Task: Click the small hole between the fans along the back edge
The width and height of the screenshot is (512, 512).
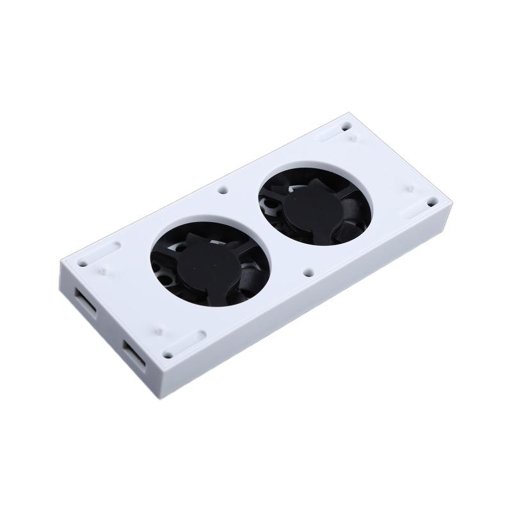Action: (223, 190)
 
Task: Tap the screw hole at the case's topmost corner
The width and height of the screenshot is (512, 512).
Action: (346, 120)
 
